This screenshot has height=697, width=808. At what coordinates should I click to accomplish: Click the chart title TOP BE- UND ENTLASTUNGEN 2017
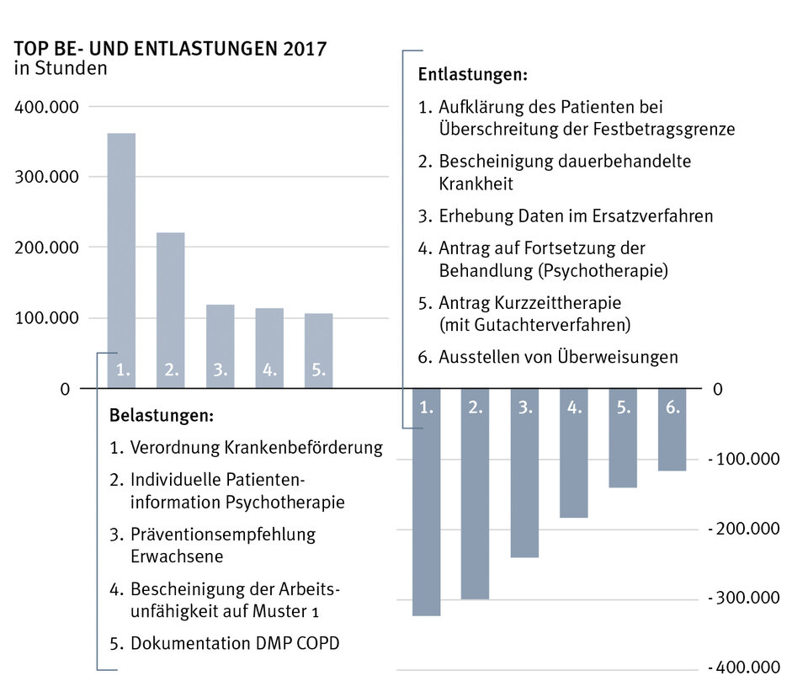pos(170,49)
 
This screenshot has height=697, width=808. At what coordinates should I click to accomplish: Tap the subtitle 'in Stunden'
pos(61,69)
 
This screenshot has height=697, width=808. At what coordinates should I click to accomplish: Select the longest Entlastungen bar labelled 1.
pos(426,505)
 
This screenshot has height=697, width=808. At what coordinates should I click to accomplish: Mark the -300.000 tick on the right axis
pos(743,599)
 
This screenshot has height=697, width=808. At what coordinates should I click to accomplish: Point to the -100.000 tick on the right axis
pos(743,460)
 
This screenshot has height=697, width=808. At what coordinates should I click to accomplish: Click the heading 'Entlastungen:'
pos(472,75)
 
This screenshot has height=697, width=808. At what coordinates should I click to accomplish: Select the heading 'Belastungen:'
pos(161,416)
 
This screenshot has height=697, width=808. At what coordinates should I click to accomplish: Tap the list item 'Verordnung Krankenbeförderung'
pos(256,447)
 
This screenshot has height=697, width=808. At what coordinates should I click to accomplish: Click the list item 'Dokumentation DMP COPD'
pos(235,644)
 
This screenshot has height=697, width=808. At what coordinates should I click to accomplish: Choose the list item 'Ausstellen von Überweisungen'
pos(557,357)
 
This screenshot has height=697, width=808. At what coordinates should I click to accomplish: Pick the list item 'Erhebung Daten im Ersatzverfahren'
pos(575,216)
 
